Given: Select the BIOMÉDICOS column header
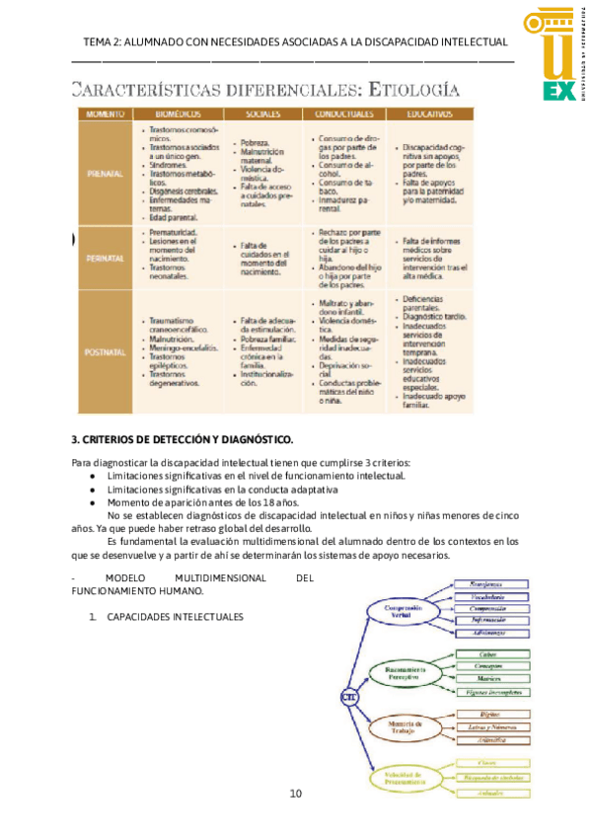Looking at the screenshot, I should coord(177,114).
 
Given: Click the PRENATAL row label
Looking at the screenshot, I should coord(104,174).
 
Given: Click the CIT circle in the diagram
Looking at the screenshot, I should coord(348,696).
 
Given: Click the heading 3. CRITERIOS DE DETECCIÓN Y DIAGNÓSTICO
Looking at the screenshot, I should coord(183,438).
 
